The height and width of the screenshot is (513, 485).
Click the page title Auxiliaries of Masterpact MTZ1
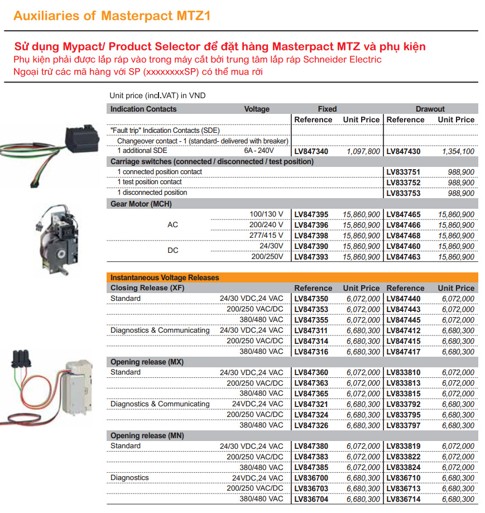pyautogui.click(x=112, y=16)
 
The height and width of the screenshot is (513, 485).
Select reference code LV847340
pyautogui.click(x=311, y=151)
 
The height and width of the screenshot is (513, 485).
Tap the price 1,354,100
pyautogui.click(x=458, y=151)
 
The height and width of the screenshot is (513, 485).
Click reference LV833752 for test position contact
pyautogui.click(x=404, y=183)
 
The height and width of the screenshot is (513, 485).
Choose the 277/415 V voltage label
pyautogui.click(x=266, y=236)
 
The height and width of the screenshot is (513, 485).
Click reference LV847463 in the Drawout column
pyautogui.click(x=404, y=257)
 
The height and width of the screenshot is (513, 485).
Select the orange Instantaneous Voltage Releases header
pyautogui.click(x=165, y=277)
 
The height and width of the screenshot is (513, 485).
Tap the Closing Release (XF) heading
pyautogui.click(x=147, y=288)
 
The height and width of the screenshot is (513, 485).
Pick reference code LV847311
pyautogui.click(x=311, y=330)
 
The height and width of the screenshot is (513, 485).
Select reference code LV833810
pyautogui.click(x=404, y=372)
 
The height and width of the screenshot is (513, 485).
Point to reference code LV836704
pyautogui.click(x=311, y=499)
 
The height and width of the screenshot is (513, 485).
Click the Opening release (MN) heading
pyautogui.click(x=147, y=435)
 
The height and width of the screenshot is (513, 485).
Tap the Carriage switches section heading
pyautogui.click(x=212, y=161)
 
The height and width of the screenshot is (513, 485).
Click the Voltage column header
pyautogui.click(x=257, y=109)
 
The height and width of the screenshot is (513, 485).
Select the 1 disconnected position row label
pyautogui.click(x=152, y=193)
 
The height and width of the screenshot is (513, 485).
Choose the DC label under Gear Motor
pyautogui.click(x=173, y=251)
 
